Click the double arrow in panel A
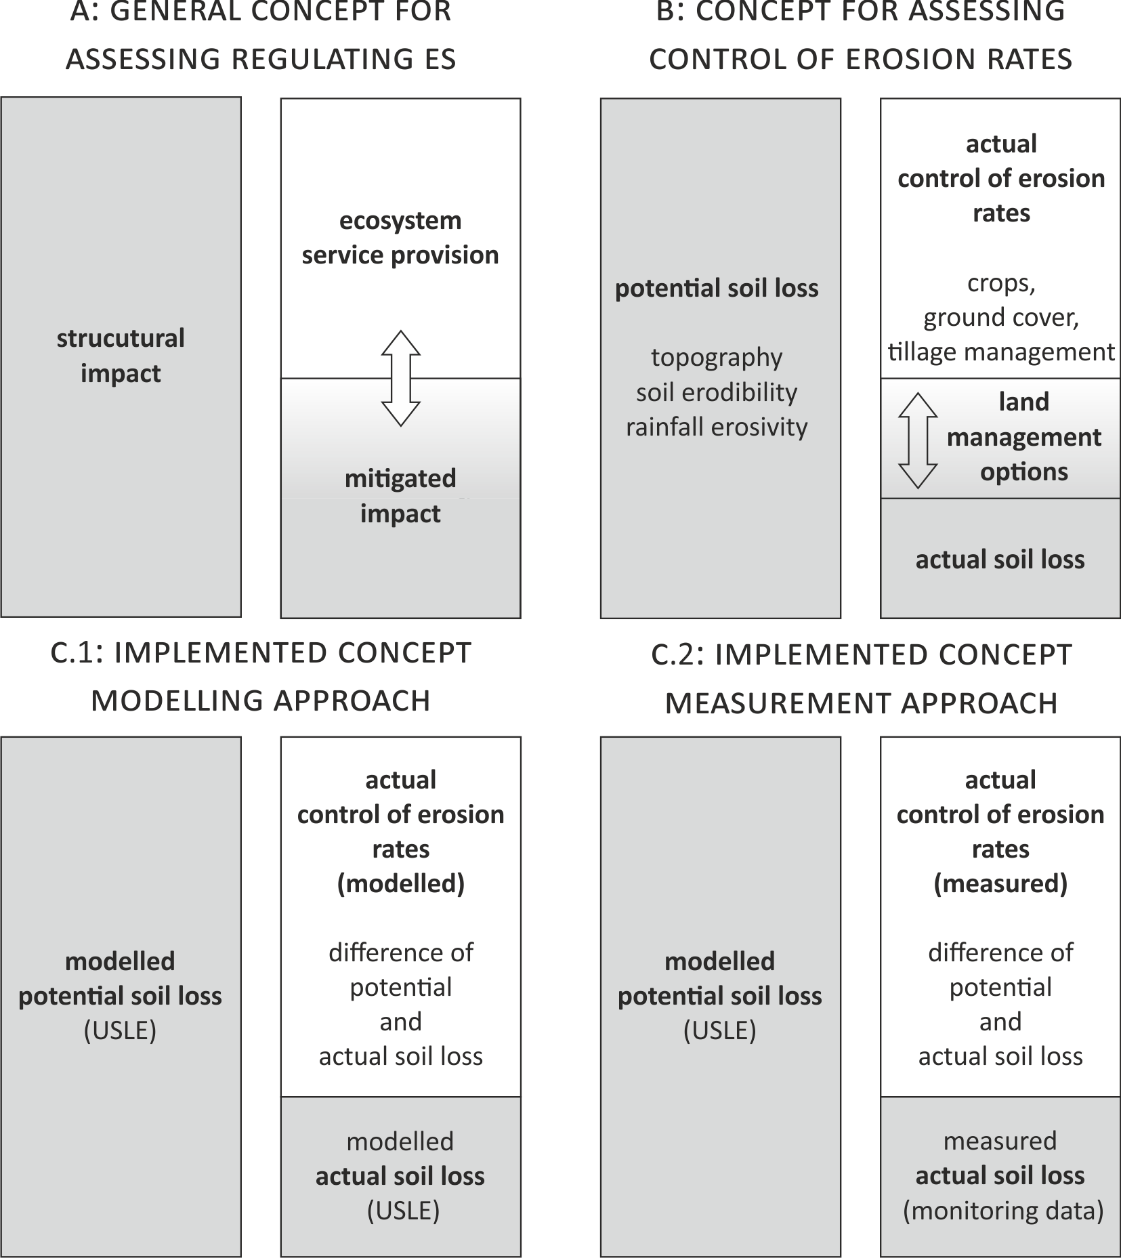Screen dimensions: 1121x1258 tap(401, 378)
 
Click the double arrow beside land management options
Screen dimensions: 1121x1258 tap(918, 440)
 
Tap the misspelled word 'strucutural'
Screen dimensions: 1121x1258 tap(121, 338)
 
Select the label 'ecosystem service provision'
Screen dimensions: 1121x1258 tap(400, 238)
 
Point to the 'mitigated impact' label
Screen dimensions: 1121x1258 tap(400, 496)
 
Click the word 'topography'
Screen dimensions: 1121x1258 tap(717, 358)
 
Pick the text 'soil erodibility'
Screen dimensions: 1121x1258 tap(717, 392)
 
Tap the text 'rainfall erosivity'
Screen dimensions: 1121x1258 tap(717, 427)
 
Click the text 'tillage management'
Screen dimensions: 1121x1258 tap(1001, 352)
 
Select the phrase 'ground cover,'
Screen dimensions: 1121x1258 tap(1001, 317)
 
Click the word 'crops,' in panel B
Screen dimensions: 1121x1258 tap(1001, 283)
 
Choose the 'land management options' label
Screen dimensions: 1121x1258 tap(1024, 437)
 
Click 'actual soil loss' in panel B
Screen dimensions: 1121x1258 tap(1000, 560)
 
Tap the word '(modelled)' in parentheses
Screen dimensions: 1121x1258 tap(401, 883)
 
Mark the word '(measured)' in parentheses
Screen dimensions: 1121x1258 tap(1000, 883)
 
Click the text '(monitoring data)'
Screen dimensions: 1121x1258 tap(1003, 1211)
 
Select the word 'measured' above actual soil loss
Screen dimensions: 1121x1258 tap(1000, 1141)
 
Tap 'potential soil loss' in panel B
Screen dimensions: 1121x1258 tap(717, 289)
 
